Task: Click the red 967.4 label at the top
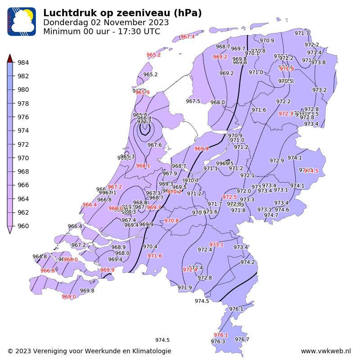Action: [187, 37]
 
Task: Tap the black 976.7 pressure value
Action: [242, 340]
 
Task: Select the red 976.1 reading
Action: [220, 335]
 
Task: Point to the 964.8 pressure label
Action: [40, 257]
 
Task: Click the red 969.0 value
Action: [69, 297]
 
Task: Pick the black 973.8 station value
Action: [318, 63]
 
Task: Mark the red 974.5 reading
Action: [311, 171]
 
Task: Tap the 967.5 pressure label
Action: [193, 102]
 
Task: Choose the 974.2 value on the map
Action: [247, 262]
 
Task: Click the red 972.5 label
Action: [229, 197]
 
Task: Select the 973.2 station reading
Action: [319, 90]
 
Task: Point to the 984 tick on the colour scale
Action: [23, 63]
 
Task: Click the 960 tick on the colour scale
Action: [23, 226]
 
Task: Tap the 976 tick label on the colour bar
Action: [23, 117]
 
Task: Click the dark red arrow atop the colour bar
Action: [10, 58]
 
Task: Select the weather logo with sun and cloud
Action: [21, 22]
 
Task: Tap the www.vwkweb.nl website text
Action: [325, 351]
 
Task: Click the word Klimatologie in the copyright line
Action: [149, 351]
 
